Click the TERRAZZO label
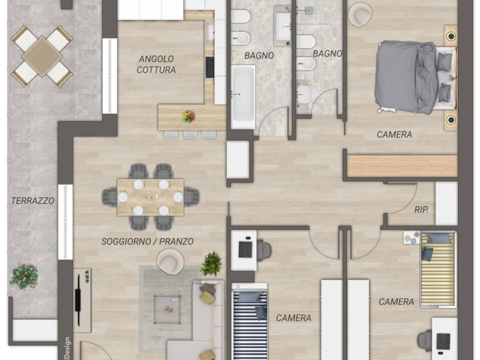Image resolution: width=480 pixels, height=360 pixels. pyautogui.click(x=32, y=201)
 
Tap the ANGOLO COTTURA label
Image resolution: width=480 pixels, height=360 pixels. pyautogui.click(x=156, y=64)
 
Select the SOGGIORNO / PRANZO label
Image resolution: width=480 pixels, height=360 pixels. pyautogui.click(x=147, y=241)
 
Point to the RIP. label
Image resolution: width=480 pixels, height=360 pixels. pyautogui.click(x=421, y=210)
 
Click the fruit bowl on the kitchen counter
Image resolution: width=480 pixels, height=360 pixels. pyautogui.click(x=188, y=117)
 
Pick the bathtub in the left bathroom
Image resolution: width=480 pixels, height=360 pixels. pyautogui.click(x=243, y=97)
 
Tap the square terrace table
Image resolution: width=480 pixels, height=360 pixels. pyautogui.click(x=42, y=56)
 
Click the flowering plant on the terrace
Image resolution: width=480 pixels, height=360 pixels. pyautogui.click(x=24, y=276)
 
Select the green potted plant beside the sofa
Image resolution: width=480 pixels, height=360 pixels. pyautogui.click(x=211, y=264)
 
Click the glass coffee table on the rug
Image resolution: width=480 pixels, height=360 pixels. pyautogui.click(x=167, y=309)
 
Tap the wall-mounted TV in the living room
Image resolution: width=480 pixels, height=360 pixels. pyautogui.click(x=78, y=300)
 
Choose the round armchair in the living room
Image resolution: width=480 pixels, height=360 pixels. pyautogui.click(x=170, y=261)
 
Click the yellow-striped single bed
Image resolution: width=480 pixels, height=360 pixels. pyautogui.click(x=438, y=270)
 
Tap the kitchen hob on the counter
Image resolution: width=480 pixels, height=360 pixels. pyautogui.click(x=210, y=67)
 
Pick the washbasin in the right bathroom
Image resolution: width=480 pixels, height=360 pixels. pyautogui.click(x=304, y=94)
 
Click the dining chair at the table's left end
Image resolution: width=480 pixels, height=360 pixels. pyautogui.click(x=110, y=197)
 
